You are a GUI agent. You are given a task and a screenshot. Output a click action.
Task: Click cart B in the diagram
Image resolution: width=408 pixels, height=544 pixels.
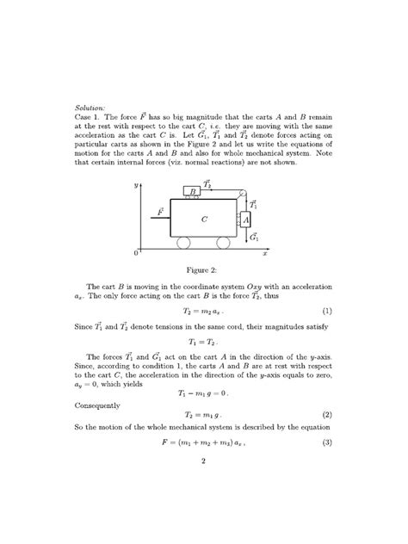(195, 191)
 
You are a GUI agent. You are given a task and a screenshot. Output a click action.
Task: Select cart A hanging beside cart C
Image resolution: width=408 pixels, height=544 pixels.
(246, 220)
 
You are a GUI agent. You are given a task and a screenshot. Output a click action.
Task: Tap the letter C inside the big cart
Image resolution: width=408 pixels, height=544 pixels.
(204, 219)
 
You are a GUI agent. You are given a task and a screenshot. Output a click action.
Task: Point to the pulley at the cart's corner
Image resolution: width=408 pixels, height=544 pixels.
(242, 194)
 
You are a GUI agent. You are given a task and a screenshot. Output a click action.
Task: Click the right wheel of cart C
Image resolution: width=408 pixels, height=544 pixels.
(223, 244)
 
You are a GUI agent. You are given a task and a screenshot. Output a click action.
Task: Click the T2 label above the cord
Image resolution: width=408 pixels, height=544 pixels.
(207, 182)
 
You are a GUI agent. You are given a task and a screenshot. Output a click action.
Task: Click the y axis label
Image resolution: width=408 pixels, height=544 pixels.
(136, 184)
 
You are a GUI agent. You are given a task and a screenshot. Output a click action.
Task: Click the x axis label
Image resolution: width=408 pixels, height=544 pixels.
(265, 255)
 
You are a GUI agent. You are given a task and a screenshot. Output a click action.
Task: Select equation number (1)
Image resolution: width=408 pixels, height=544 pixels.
(327, 310)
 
